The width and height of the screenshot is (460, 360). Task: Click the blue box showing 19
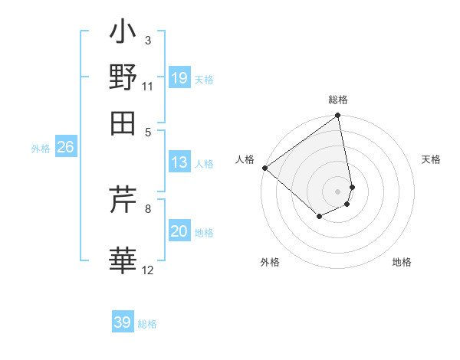(x=179, y=78)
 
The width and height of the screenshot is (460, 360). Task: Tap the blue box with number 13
(x=179, y=162)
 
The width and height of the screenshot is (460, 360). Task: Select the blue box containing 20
(x=179, y=231)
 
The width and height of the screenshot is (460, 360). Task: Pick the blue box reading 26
(x=65, y=148)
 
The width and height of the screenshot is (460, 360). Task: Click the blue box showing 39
(x=123, y=322)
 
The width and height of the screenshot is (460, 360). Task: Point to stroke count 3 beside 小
(x=147, y=40)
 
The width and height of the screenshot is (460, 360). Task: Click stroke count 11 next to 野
(x=148, y=86)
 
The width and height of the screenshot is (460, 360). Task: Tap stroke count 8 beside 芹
(x=147, y=208)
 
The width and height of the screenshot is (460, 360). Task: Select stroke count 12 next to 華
(x=148, y=270)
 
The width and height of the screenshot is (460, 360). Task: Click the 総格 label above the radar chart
(x=338, y=100)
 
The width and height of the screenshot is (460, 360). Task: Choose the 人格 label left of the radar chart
(x=245, y=159)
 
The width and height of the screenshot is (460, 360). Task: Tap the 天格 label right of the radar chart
(x=432, y=159)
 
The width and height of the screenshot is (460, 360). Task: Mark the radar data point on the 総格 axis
(x=338, y=116)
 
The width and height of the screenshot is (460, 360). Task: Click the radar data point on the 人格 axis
(x=264, y=168)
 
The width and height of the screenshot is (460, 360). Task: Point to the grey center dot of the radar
(x=338, y=191)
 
